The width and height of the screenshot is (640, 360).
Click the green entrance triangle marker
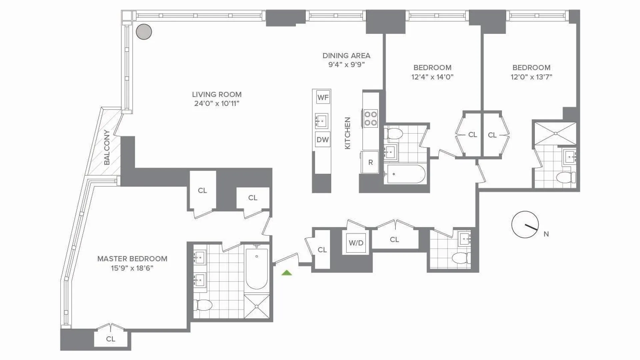coord(287,273)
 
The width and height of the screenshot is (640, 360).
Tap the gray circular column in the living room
coord(144,32)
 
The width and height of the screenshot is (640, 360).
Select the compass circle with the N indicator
coord(525,224)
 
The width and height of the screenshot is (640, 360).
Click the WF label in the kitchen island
coord(323,97)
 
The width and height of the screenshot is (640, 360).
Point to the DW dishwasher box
coord(323,140)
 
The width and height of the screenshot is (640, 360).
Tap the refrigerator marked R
coord(370,162)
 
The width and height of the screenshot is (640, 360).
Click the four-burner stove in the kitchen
coord(371,118)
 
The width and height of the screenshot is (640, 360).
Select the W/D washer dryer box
coord(356,243)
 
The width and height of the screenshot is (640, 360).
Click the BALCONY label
coord(107,147)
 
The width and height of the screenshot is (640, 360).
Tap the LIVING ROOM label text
coord(217,95)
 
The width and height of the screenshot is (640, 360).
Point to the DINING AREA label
coord(346,56)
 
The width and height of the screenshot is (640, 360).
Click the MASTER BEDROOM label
coord(132,259)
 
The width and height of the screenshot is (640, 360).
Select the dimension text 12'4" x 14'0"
coord(432,77)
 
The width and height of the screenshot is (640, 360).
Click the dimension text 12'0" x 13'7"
coord(531,77)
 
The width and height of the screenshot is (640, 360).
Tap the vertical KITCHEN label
coord(347,133)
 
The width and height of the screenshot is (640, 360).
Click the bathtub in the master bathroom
coord(257,268)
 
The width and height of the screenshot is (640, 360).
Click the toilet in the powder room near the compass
coord(461,258)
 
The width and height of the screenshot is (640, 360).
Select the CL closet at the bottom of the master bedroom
coord(111,339)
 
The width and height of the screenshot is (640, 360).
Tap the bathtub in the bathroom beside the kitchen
coord(405,174)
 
